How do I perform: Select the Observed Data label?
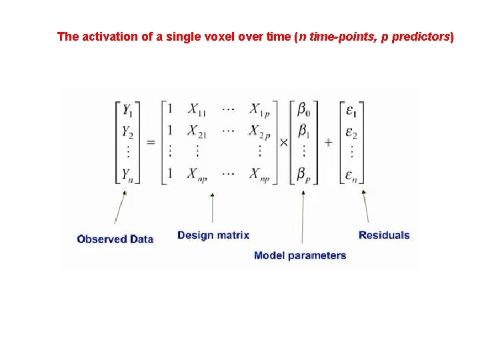click(115, 239)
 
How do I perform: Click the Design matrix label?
click(213, 235)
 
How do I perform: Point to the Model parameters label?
click(300, 255)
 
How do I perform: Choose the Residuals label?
click(384, 235)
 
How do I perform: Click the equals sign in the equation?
click(151, 143)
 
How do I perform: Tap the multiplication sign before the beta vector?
click(283, 142)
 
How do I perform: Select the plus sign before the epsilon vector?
click(329, 142)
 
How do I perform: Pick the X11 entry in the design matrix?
click(197, 109)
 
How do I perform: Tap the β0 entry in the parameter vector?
click(304, 109)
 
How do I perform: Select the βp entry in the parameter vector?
click(304, 174)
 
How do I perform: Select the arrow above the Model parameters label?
click(303, 217)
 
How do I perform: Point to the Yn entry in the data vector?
click(127, 174)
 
